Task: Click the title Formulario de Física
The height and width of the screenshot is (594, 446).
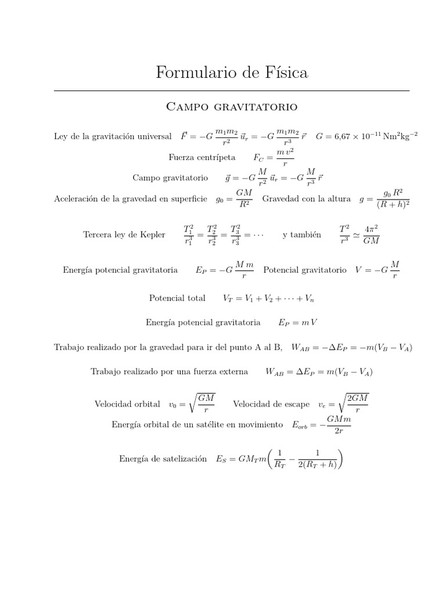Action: [x=232, y=73]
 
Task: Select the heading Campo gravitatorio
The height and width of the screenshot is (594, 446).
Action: [x=232, y=107]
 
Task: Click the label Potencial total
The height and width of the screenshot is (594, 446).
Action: [x=177, y=298]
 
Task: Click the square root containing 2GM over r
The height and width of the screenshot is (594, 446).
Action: [x=355, y=404]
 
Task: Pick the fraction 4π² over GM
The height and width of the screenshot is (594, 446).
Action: [x=371, y=234]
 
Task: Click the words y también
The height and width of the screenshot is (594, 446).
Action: [x=302, y=234]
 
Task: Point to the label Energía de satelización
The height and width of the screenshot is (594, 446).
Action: [x=163, y=459]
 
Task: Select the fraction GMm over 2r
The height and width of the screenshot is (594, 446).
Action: [x=339, y=425]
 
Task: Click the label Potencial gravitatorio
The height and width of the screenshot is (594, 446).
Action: [x=305, y=270]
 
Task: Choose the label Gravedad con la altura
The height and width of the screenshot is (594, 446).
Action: [x=306, y=199]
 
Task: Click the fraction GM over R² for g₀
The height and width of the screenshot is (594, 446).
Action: [x=243, y=199]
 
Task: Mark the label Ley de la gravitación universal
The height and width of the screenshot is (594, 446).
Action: [x=113, y=137]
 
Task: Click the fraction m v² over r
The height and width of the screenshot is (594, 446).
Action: [x=285, y=157]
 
